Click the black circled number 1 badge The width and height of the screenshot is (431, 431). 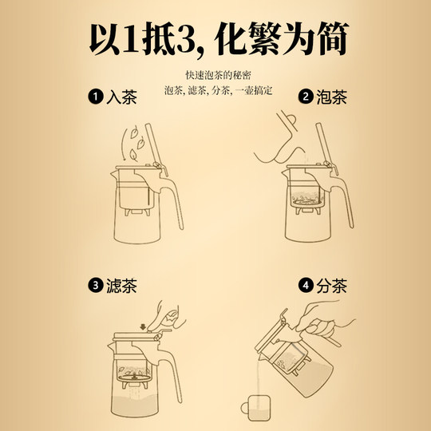(96, 98)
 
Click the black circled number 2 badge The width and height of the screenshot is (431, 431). (305, 98)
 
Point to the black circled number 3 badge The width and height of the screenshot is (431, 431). (94, 285)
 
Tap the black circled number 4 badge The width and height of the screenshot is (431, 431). (304, 285)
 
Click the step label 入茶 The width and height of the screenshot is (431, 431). (121, 98)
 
